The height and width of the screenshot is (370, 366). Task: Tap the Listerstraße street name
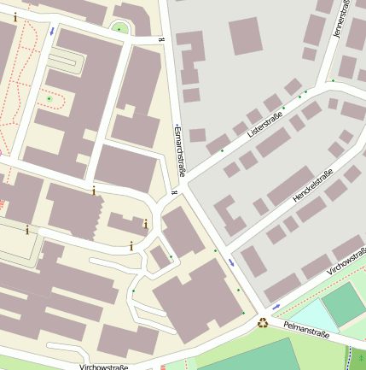click(264, 122)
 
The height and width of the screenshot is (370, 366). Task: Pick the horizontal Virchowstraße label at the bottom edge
click(103, 367)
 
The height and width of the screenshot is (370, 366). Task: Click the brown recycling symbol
click(263, 323)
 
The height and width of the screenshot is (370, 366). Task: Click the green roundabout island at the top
click(120, 30)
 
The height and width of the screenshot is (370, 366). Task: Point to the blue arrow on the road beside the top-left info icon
click(52, 31)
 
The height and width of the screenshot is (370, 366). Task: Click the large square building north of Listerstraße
click(246, 35)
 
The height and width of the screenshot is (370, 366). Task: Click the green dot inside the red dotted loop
click(49, 99)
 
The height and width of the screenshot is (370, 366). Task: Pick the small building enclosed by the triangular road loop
click(160, 256)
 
